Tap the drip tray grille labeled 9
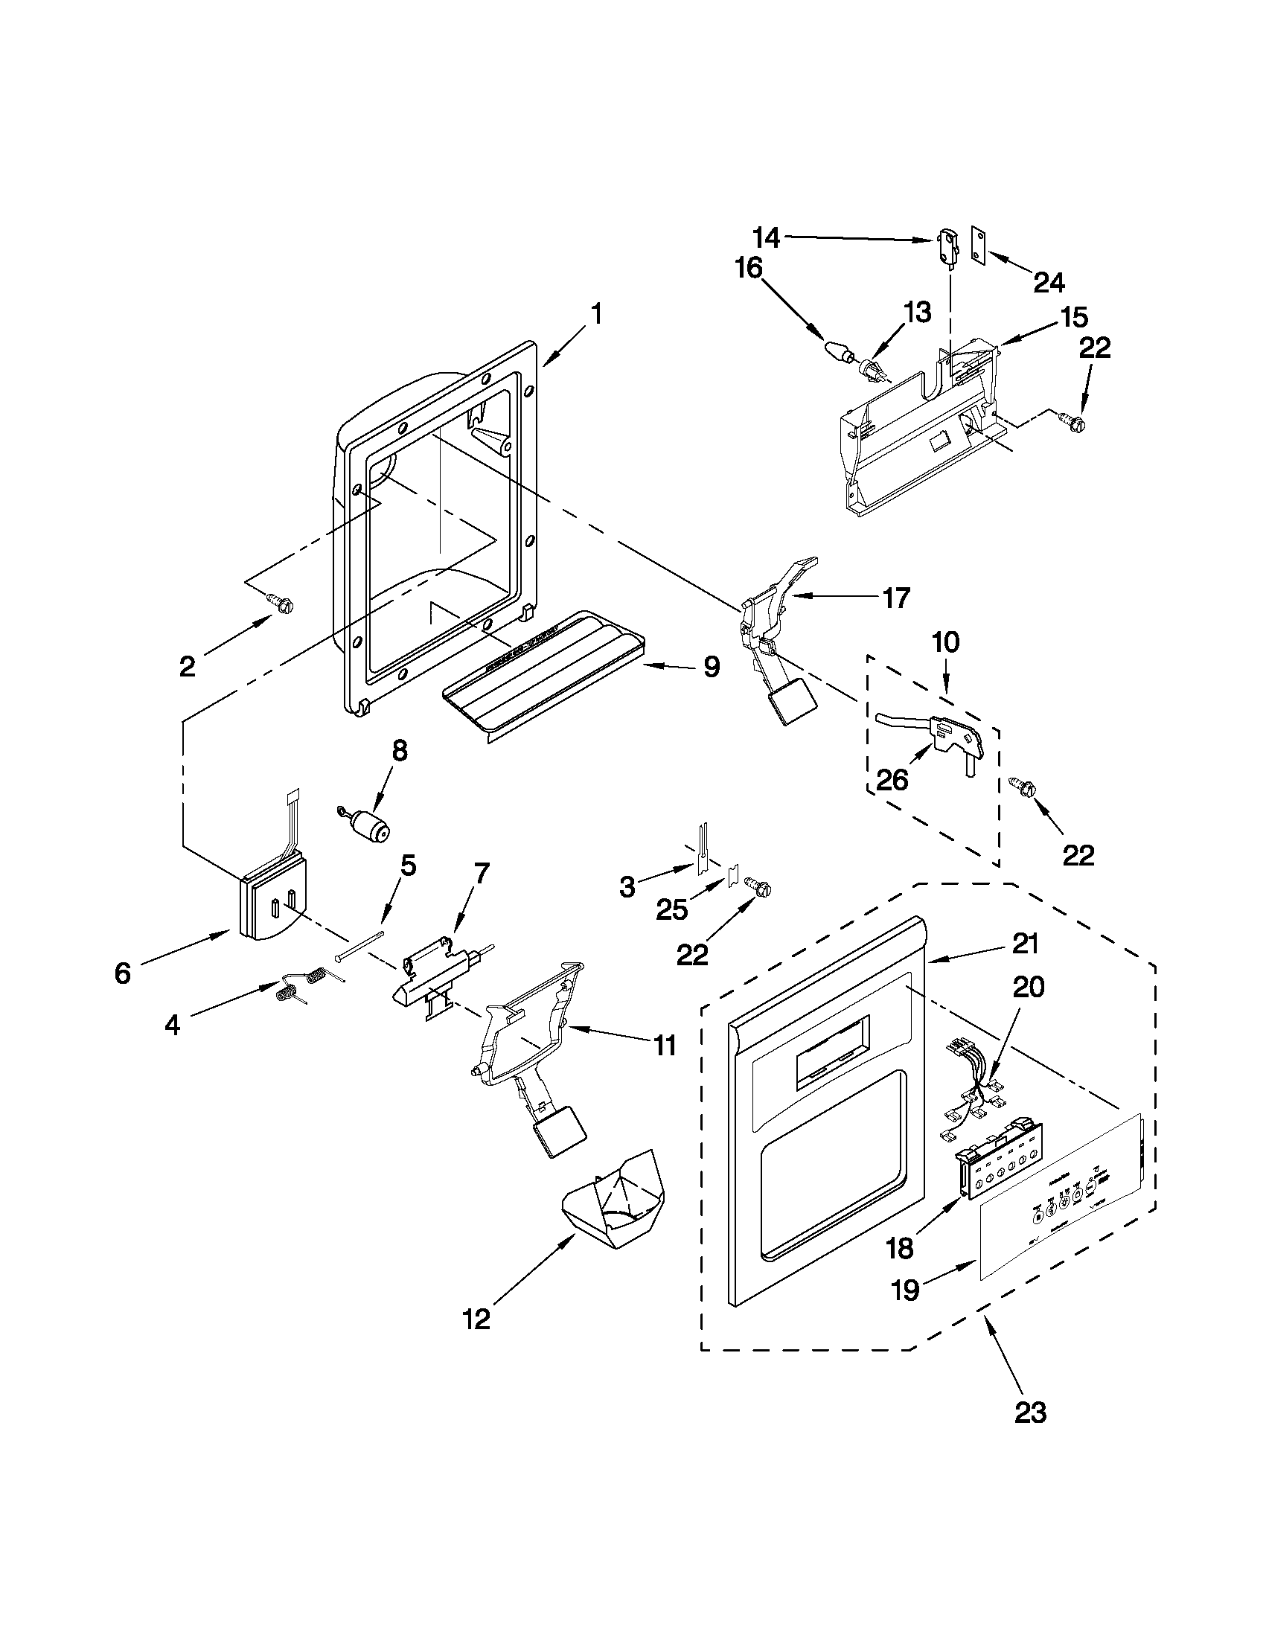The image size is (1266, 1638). (x=540, y=679)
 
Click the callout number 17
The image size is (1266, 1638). (x=896, y=598)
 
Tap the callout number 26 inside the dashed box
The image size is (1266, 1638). (x=892, y=779)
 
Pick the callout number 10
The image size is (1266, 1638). (x=946, y=642)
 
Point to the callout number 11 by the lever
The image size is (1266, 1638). (x=665, y=1045)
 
